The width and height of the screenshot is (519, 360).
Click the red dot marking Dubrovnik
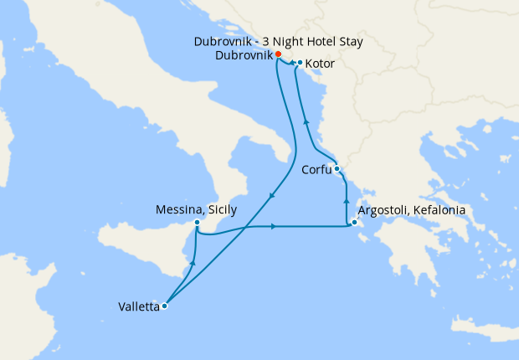coord(278,55)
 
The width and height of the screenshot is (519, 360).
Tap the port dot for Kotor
coord(300,62)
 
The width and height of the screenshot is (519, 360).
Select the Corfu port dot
coord(337,169)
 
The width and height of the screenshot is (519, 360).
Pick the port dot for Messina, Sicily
coord(196,223)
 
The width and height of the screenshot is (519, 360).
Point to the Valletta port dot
coord(164,306)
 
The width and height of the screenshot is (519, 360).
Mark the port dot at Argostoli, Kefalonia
coord(355,223)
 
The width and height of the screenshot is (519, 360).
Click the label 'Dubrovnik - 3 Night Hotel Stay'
coord(278,41)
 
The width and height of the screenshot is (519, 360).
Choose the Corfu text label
coord(316,170)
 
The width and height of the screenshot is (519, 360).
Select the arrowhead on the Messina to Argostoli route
coord(274,226)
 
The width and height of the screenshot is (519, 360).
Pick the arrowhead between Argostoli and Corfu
coord(347,201)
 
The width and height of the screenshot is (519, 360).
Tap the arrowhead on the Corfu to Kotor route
coord(306,122)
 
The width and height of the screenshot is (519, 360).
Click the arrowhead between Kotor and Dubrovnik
coord(292,62)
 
